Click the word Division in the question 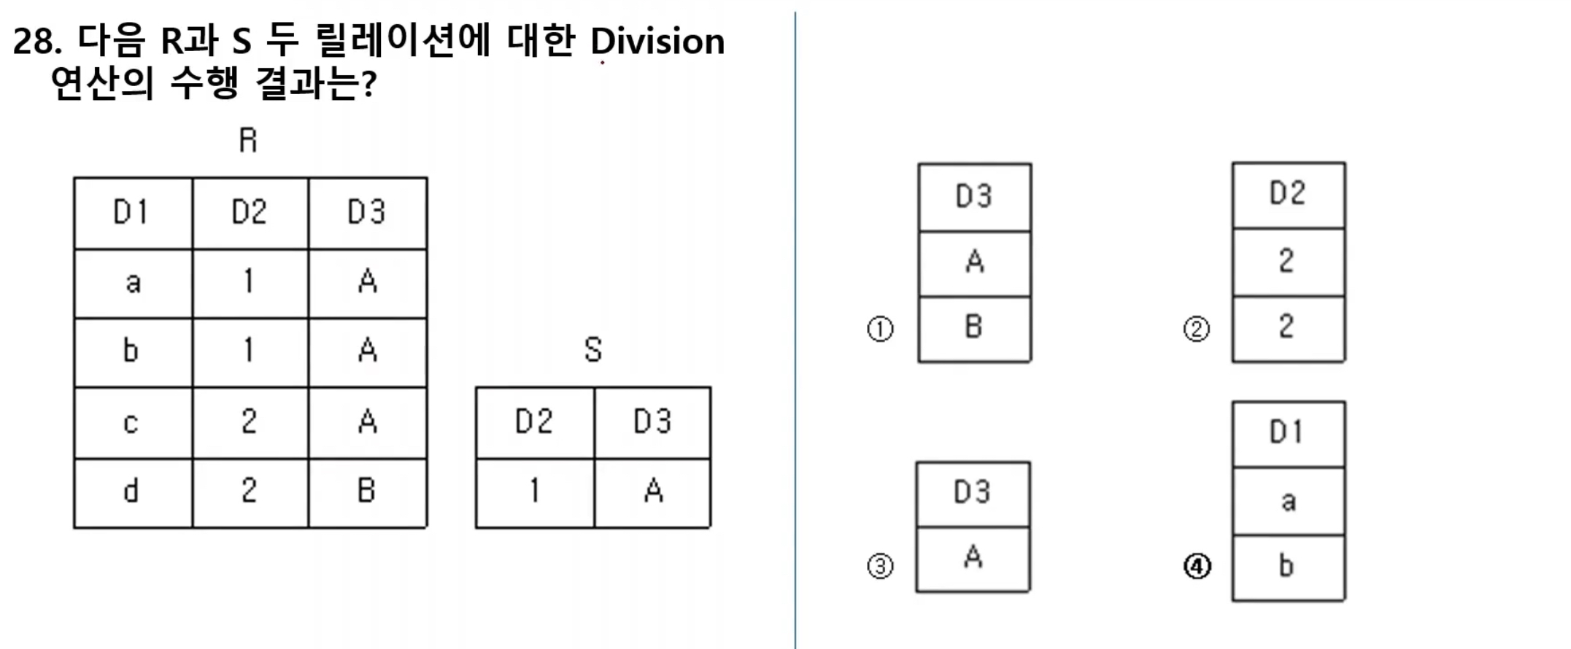coord(657,42)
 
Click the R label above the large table coord(248,140)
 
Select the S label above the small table coord(592,350)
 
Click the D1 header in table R coord(132,212)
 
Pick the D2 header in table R coord(250,212)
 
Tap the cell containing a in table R coord(132,282)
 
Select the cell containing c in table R coord(132,422)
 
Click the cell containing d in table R coord(132,491)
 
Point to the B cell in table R coord(367,491)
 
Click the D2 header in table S coord(534,422)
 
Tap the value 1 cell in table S coord(534,491)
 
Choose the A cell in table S coord(653,491)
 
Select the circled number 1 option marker coord(880,329)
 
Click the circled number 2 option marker coord(1196,329)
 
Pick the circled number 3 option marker coord(880,566)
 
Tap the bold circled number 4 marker coord(1197,566)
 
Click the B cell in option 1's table coord(974,327)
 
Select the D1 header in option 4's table coord(1287,432)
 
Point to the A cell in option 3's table coord(973,558)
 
